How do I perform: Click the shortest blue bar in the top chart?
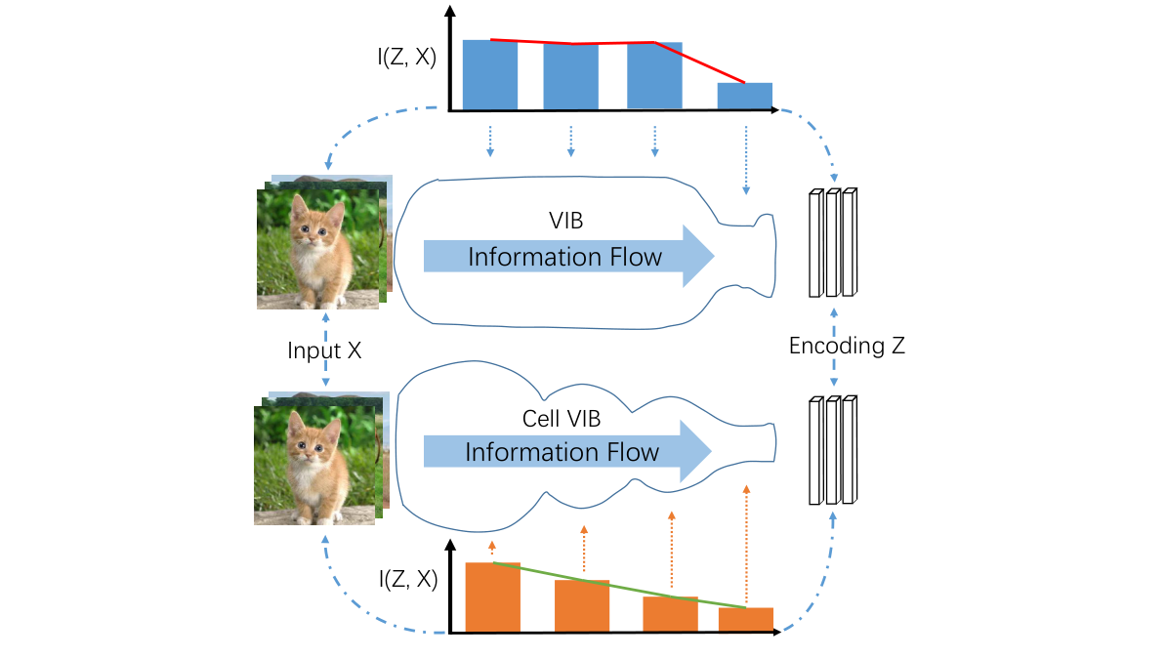tap(744, 96)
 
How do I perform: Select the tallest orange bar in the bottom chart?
tap(492, 597)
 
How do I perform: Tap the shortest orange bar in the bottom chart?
tap(746, 619)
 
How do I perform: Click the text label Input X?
tap(324, 350)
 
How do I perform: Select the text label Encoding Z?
tap(847, 346)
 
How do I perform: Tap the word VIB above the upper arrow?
tap(566, 222)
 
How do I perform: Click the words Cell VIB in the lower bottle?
tap(562, 419)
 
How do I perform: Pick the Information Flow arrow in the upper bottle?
tap(566, 257)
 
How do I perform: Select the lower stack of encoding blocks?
tap(833, 450)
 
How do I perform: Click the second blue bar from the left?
tap(570, 76)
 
